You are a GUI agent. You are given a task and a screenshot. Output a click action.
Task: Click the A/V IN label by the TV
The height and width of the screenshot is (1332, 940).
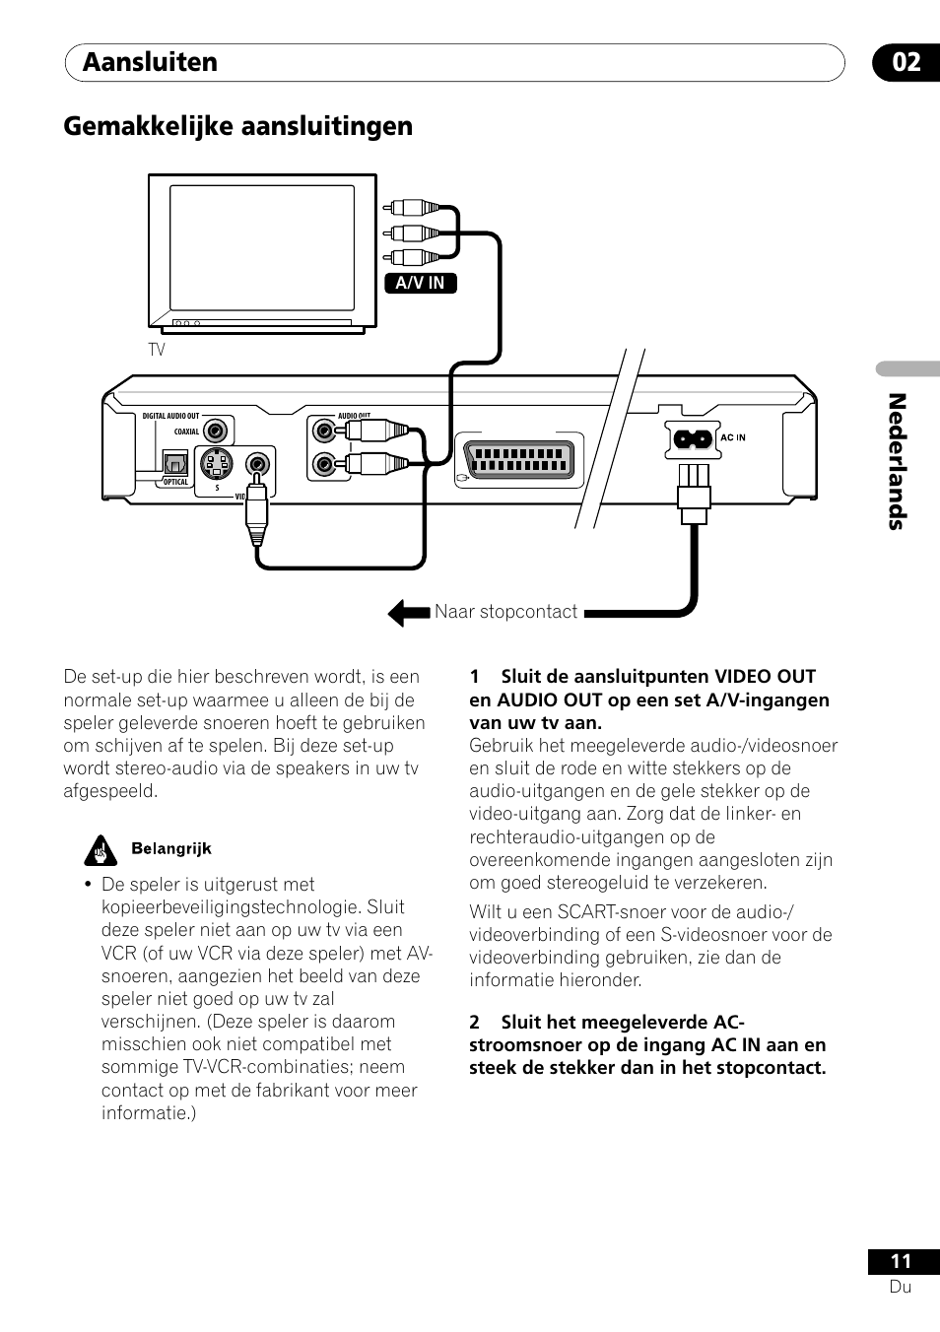[x=420, y=284]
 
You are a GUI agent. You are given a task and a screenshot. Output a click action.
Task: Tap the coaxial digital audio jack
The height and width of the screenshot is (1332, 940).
[x=215, y=431]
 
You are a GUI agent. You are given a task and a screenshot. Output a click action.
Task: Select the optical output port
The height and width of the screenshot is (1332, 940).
[x=177, y=462]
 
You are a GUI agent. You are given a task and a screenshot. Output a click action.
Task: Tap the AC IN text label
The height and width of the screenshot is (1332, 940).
[x=733, y=437]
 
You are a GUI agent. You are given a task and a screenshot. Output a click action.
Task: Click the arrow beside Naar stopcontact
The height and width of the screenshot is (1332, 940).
[x=408, y=613]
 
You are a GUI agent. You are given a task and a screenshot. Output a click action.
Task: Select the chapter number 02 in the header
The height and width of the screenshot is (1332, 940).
[x=906, y=62]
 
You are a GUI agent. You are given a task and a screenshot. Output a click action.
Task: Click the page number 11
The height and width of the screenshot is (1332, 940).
[x=901, y=1261]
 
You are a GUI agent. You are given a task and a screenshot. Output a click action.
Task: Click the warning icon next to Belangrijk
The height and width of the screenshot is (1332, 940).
[x=100, y=849]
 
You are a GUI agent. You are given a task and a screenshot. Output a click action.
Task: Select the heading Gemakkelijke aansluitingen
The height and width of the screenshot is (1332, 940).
[x=238, y=126]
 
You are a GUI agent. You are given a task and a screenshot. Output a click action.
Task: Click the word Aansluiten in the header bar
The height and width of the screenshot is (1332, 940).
[x=150, y=62]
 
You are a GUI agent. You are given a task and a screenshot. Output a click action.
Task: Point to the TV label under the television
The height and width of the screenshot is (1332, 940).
[x=157, y=350]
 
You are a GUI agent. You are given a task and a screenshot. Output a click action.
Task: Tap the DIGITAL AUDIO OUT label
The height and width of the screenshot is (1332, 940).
[x=170, y=416]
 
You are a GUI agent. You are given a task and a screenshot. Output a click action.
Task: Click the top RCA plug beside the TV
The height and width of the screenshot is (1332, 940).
[x=405, y=209]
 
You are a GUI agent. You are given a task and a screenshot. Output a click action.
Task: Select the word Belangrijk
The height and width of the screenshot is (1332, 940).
[x=171, y=849]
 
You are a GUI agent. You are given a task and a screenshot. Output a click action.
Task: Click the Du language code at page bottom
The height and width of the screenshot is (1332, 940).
[x=901, y=1287]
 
